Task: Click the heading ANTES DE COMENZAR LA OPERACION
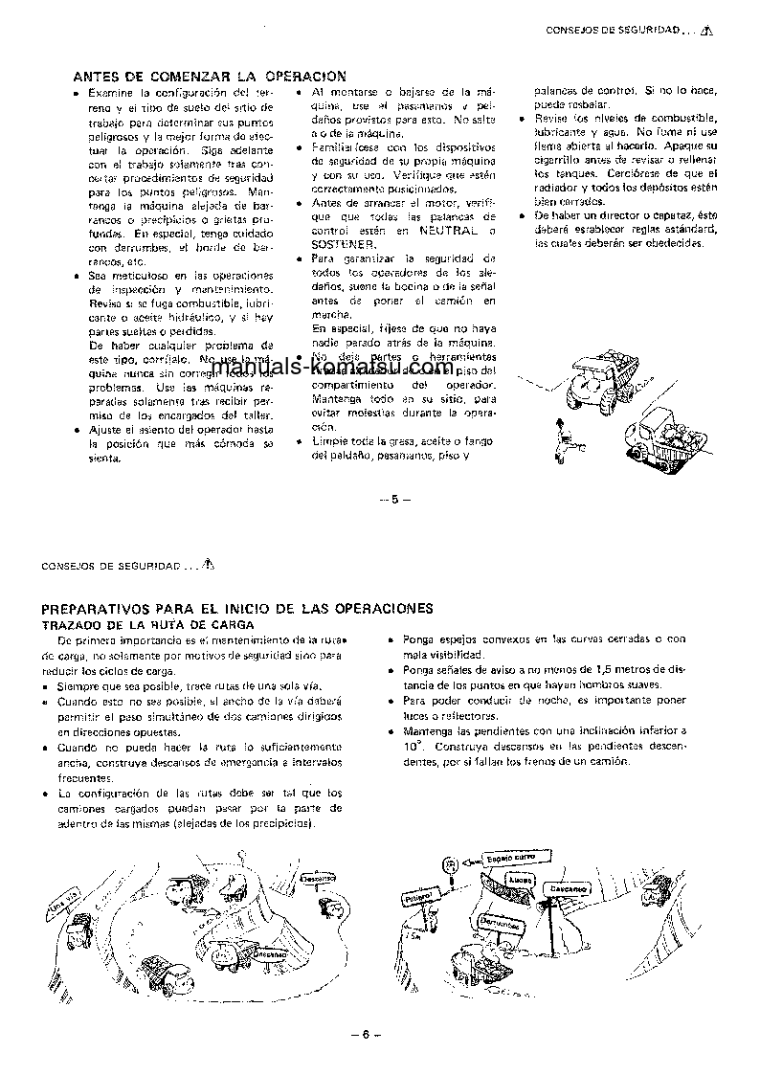[x=210, y=76]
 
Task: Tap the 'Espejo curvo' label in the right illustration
[x=509, y=858]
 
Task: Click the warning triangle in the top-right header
[x=706, y=32]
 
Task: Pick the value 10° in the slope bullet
[x=411, y=744]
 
